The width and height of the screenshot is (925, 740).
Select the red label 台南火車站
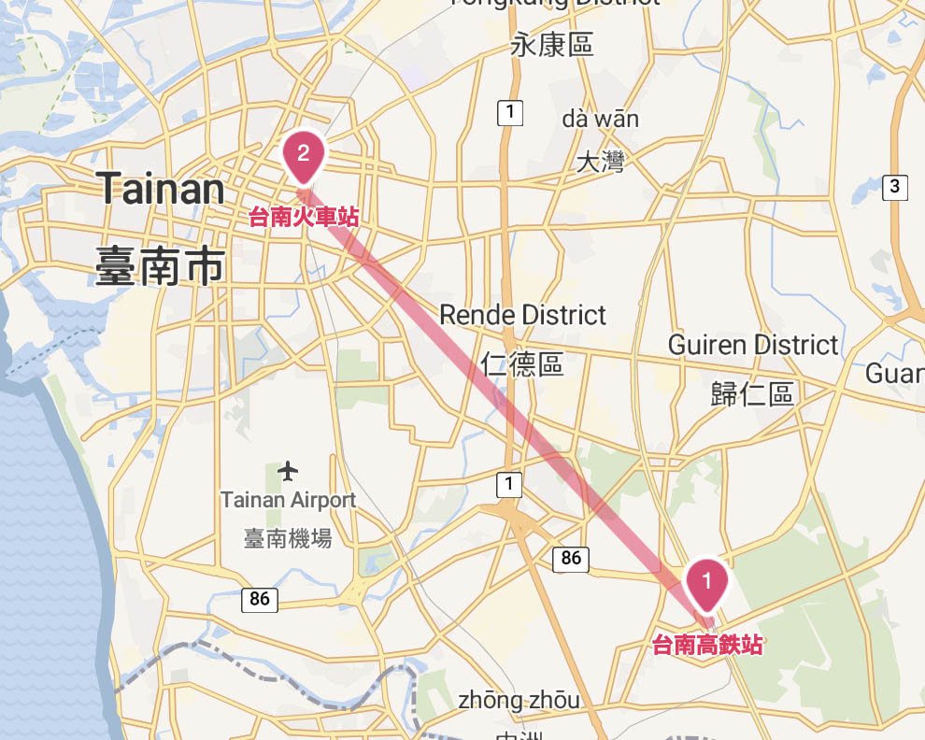[x=304, y=219]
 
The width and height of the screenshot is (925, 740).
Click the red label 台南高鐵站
[x=707, y=645]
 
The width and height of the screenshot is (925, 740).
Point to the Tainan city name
[x=160, y=191]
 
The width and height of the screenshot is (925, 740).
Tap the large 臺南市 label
[x=160, y=266]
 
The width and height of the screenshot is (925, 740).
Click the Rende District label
[x=522, y=316]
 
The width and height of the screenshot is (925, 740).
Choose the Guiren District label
[x=753, y=346]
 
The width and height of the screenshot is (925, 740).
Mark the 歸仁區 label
[x=752, y=394]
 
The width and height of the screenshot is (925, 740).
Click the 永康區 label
[x=552, y=45]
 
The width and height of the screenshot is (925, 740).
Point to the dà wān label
[x=601, y=119]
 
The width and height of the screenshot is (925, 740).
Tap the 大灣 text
[x=600, y=163]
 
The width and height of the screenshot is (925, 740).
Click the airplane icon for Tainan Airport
[x=289, y=469]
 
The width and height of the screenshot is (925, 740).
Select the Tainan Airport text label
[x=289, y=501]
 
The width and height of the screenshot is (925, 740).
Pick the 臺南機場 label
[x=288, y=538]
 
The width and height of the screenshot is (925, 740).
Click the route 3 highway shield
[x=894, y=187]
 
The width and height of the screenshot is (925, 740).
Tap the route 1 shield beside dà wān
[x=509, y=113]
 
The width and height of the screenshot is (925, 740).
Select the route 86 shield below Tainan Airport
[x=260, y=599]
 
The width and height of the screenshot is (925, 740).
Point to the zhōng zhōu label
[x=519, y=700]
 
